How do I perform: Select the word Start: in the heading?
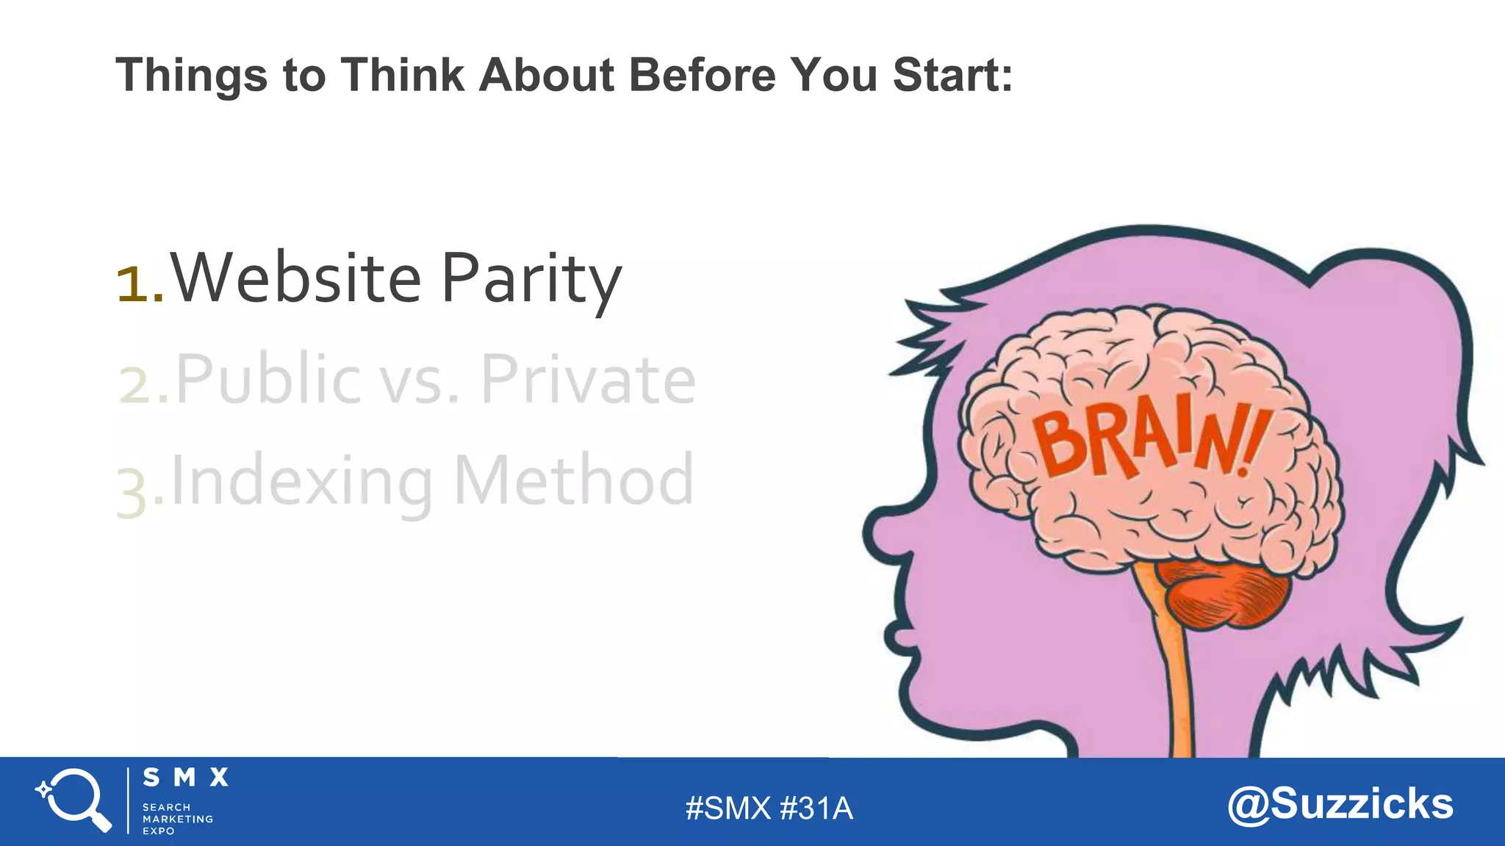952,75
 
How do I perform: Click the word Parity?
531,281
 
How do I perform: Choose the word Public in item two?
267,380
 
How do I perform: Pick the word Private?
588,380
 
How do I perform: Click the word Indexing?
301,482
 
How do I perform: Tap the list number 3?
133,493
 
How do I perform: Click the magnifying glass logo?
73,800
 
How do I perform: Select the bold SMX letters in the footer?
185,778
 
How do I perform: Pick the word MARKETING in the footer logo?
177,819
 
